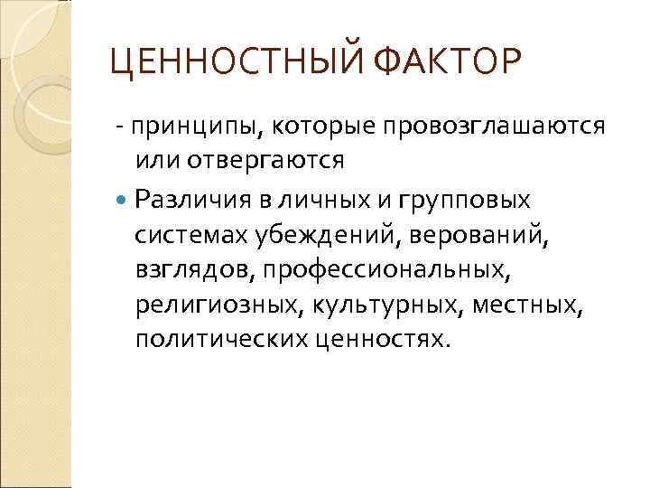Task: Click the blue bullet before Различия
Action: (123, 199)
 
